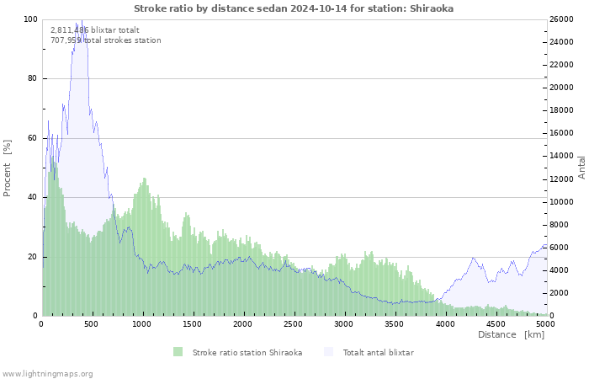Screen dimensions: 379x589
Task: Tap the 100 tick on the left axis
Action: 30,19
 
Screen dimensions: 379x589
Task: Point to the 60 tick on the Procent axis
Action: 32,138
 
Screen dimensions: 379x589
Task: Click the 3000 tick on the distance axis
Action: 343,323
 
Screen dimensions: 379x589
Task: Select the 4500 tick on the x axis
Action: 495,323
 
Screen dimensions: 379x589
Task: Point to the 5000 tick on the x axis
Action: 545,323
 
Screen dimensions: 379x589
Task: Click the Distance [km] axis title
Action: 511,335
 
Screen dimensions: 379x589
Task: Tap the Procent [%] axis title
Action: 8,168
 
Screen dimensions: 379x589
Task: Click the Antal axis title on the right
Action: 581,167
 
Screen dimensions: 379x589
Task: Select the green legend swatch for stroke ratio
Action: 178,352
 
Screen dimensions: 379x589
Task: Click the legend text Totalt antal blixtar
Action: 378,352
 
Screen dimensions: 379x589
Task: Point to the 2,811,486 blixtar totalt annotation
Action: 89,30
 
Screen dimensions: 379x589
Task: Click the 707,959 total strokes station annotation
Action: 105,40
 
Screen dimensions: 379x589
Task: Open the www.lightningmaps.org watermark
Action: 47,373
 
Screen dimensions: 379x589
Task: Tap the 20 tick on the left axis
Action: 32,257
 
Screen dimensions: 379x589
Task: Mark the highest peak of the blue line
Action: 81,21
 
